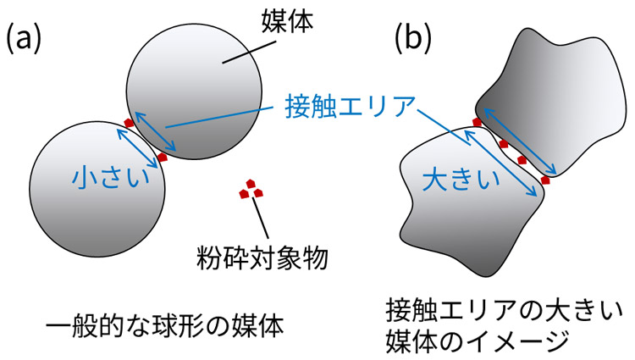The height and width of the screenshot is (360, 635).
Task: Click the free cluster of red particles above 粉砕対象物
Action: click(248, 190)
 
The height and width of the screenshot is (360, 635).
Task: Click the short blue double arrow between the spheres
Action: click(145, 140)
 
